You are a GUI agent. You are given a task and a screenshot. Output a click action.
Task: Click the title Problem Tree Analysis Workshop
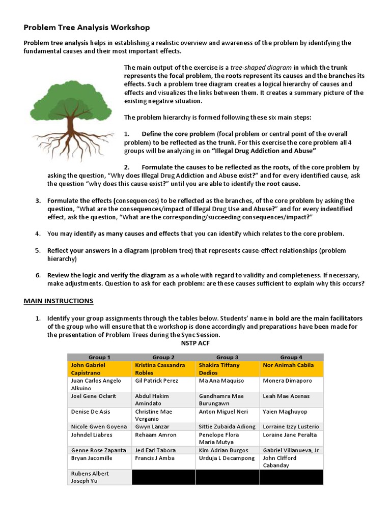(x=87, y=27)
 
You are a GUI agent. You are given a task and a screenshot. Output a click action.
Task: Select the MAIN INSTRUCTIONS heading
(x=59, y=301)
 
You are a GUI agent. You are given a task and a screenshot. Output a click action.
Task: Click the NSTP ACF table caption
(x=195, y=342)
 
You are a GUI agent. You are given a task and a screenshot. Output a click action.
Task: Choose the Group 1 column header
(x=100, y=357)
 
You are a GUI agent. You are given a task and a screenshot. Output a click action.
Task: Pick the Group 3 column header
(x=227, y=357)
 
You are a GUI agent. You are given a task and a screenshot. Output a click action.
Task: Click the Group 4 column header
(x=291, y=357)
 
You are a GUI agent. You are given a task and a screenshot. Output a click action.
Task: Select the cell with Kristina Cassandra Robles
(x=163, y=369)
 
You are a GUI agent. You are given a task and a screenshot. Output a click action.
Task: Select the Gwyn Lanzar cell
(x=163, y=426)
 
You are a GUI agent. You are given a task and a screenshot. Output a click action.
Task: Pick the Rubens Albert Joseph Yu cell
(x=100, y=477)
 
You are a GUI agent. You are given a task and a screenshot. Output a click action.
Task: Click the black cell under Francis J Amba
(x=163, y=477)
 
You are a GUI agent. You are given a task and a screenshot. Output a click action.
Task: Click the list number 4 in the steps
(x=38, y=234)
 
